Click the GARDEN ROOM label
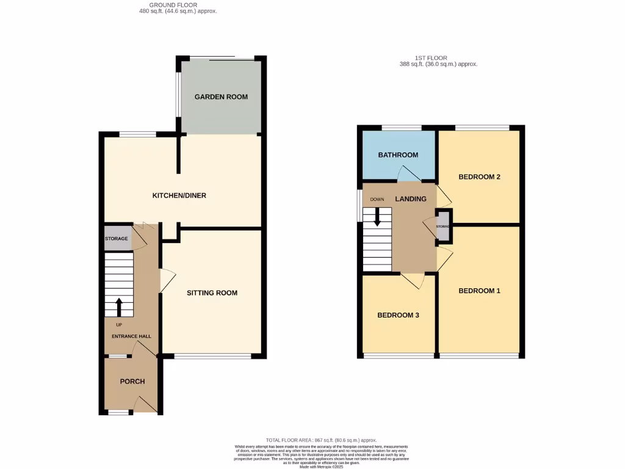click(x=221, y=97)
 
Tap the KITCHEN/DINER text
click(x=179, y=196)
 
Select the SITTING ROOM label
click(x=212, y=293)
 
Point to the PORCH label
click(x=132, y=382)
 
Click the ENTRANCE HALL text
click(x=131, y=336)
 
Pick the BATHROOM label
click(x=398, y=155)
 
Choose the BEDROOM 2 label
click(x=479, y=177)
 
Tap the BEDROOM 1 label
click(x=479, y=291)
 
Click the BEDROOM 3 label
click(x=398, y=315)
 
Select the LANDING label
click(x=410, y=199)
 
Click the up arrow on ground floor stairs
click(x=118, y=306)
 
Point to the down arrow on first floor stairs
click(x=377, y=217)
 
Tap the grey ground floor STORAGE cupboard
click(x=117, y=239)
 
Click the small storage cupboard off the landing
click(x=443, y=227)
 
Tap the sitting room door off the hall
click(x=164, y=281)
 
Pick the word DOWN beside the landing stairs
click(x=377, y=200)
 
